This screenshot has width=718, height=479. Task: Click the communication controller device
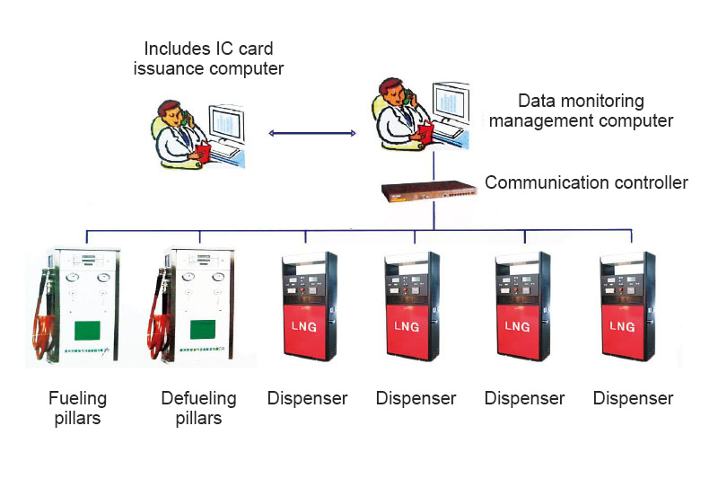click(x=428, y=190)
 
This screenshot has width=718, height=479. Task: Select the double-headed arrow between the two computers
click(x=312, y=133)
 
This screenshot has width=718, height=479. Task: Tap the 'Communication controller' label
click(x=586, y=183)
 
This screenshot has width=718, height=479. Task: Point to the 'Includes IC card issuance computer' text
click(x=208, y=57)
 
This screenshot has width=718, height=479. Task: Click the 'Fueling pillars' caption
click(x=78, y=407)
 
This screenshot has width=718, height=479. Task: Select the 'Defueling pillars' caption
click(x=198, y=407)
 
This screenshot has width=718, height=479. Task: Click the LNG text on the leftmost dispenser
click(x=302, y=325)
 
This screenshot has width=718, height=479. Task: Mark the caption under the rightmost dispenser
click(x=633, y=398)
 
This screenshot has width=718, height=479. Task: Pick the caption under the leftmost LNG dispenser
click(x=307, y=398)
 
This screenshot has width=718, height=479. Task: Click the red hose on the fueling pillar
click(x=40, y=315)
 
